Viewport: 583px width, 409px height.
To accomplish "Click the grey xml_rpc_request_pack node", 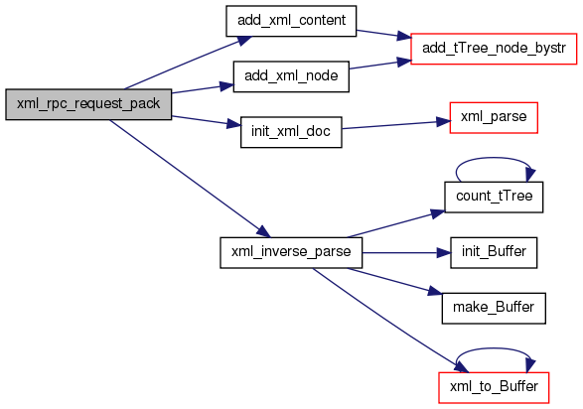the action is coord(88,104).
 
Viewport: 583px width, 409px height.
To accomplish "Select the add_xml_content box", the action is coord(291,21).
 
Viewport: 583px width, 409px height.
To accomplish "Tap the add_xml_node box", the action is coord(291,76).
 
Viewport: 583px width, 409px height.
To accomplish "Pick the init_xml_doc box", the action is coord(291,132).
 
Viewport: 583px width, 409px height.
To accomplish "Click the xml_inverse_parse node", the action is coord(291,252).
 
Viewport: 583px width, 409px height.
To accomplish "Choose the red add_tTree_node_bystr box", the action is coord(494,49).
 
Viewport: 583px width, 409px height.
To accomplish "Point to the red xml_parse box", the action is coord(494,117).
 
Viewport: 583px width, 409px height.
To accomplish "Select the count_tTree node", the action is coord(494,197).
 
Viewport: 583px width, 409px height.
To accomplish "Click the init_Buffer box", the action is coord(494,252).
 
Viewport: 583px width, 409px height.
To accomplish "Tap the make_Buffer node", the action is coord(494,309).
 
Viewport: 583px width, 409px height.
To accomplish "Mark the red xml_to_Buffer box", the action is coord(494,387).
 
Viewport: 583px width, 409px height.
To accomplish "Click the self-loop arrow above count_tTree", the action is coord(494,158).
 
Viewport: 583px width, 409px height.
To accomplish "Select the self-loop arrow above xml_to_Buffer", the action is coord(494,348).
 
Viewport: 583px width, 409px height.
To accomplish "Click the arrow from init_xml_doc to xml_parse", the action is coord(396,125).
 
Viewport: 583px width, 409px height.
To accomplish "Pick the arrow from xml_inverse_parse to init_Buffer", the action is coord(406,253).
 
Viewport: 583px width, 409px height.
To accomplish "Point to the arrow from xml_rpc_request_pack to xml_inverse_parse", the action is coord(191,179).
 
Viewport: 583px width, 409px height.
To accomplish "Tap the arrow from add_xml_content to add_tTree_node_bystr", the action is coord(383,34).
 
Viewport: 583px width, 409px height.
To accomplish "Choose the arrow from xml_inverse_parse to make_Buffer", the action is coord(395,282).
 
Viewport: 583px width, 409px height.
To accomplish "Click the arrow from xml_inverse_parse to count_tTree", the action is coord(396,224).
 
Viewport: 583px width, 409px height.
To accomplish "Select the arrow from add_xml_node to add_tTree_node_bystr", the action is coord(380,65).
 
